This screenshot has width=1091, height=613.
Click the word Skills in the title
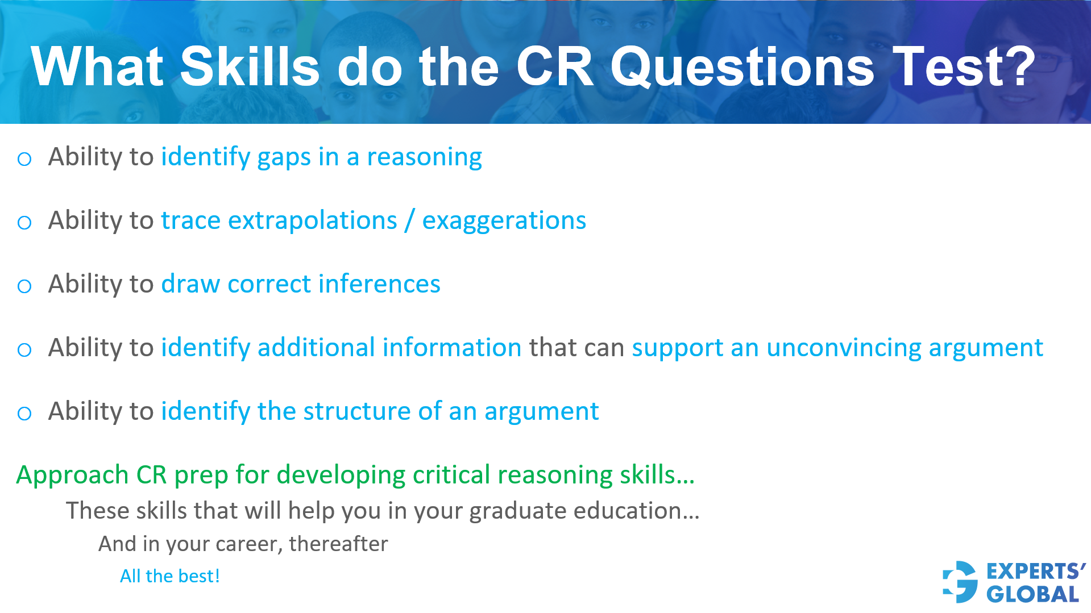[x=250, y=67]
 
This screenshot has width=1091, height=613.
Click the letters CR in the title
[x=554, y=67]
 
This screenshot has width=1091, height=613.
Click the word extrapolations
[x=312, y=220]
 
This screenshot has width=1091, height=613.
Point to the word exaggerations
[x=504, y=220]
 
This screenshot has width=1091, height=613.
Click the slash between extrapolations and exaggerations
[x=409, y=220]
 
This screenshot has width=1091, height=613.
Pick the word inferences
[x=379, y=284]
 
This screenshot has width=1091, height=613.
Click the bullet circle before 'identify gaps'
[x=24, y=159]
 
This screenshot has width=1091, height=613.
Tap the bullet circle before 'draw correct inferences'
[x=24, y=286]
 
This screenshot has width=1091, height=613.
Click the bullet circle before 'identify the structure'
[x=24, y=414]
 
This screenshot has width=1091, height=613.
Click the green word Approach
[x=72, y=475]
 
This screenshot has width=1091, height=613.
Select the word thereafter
[x=338, y=544]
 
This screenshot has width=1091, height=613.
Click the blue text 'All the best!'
[x=169, y=576]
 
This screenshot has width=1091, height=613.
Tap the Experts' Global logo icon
[x=960, y=582]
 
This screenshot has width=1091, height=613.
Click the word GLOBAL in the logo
[x=1032, y=594]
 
